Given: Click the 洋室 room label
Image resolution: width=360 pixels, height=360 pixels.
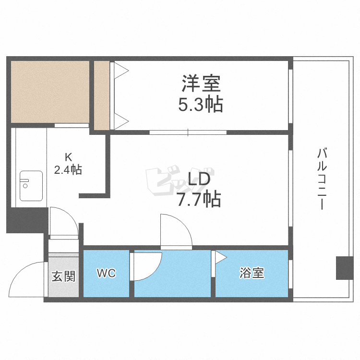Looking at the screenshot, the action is coord(201,84).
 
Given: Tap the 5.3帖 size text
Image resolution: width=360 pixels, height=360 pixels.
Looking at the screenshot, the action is coord(201,105).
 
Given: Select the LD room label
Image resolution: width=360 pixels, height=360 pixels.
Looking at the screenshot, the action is coord(199,179).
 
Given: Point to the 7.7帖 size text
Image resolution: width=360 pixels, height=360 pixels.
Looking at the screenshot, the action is coord(199,199).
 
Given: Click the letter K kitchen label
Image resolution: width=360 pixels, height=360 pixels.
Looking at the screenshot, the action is coord(68,157).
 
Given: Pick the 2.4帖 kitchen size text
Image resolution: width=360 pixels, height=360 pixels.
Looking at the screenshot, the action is coord(68,169).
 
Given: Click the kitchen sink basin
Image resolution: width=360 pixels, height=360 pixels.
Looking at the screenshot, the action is coord(31,186).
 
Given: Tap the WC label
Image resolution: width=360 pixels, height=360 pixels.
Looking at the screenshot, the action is coord(106,273).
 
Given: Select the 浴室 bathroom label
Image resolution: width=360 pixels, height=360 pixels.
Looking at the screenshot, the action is coord(252,273).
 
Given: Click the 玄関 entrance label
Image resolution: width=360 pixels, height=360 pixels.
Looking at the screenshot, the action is coord(63,276).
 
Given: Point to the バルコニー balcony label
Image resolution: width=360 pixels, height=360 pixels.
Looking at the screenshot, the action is coord(322,179).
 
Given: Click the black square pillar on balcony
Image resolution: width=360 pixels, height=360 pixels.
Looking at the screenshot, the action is coord(345,268).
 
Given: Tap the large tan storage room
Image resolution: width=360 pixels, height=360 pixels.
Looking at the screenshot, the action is coord(50,92).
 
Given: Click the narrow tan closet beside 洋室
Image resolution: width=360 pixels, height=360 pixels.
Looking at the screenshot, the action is coord(102,96).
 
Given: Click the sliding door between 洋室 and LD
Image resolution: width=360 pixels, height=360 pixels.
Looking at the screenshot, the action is coord(188,132).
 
